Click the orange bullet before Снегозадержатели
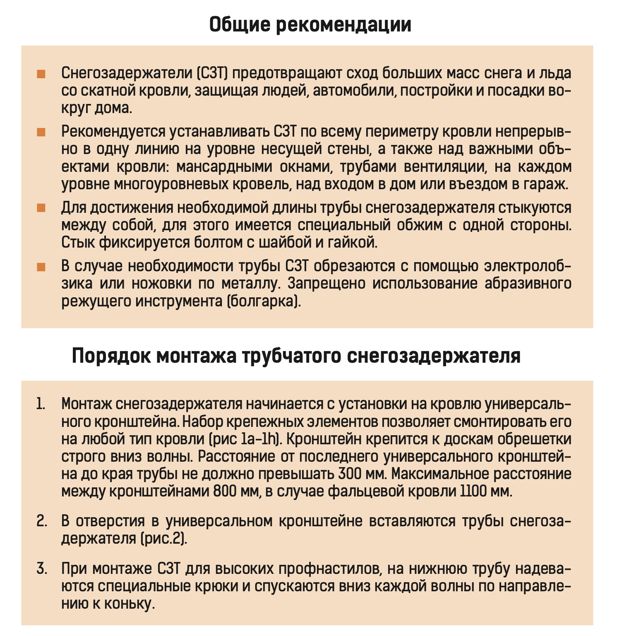[41, 74]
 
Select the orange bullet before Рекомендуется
[41, 132]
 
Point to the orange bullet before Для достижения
[41, 208]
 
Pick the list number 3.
[41, 569]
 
